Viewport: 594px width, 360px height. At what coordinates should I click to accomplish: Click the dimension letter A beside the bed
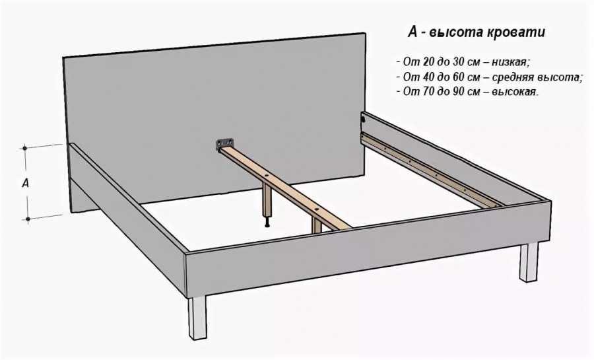(x=25, y=184)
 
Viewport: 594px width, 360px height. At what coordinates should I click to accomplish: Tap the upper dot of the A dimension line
(x=25, y=148)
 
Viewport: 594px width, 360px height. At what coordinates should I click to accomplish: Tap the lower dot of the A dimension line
(x=28, y=219)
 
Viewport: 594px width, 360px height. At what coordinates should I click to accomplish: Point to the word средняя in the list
(x=513, y=77)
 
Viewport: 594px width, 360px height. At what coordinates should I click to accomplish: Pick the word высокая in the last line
(x=515, y=92)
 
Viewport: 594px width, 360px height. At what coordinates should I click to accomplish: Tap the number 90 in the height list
(x=459, y=92)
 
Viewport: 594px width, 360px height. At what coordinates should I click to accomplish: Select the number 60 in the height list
(x=459, y=77)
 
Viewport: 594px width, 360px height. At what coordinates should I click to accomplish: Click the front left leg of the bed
(x=198, y=318)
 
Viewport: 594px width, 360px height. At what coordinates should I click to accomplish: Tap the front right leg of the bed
(x=529, y=262)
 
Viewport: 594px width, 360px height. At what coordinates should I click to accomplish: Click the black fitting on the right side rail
(x=362, y=119)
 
